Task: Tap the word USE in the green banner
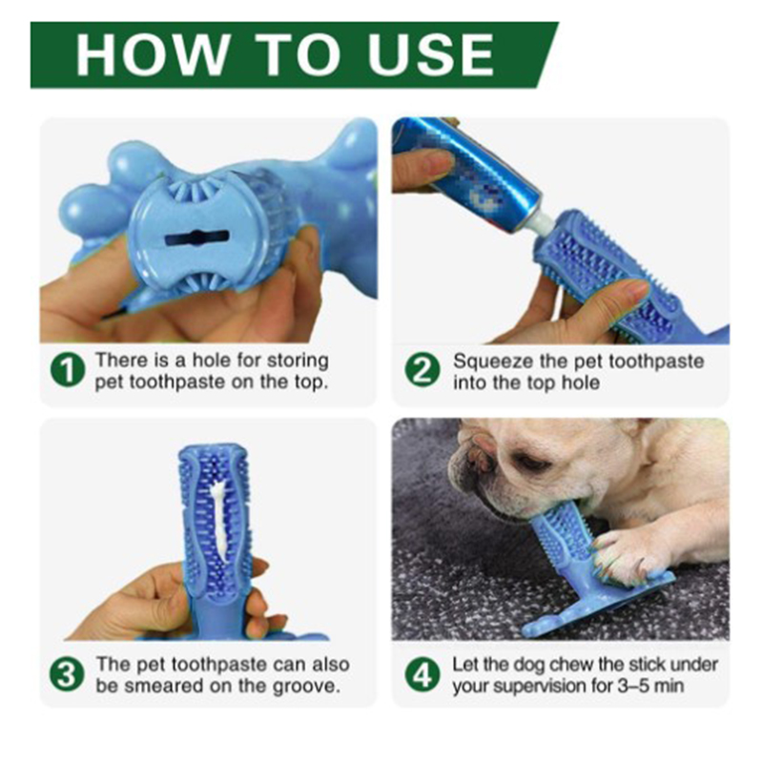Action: [431, 54]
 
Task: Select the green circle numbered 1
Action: [68, 371]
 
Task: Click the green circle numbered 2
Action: [422, 371]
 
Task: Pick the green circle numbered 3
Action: [67, 674]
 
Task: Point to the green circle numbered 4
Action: [422, 674]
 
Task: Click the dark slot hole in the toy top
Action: [196, 237]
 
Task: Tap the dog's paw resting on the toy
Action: [626, 552]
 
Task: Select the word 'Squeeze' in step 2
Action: [493, 361]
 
